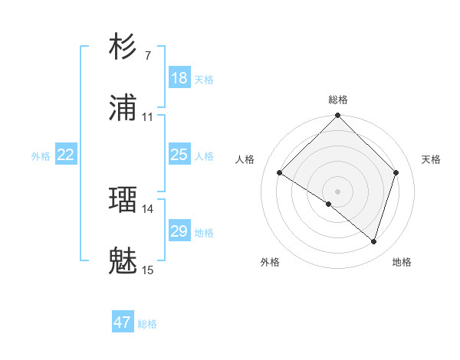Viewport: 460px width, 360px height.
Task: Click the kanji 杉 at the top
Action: (123, 47)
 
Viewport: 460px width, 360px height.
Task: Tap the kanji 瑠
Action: (123, 200)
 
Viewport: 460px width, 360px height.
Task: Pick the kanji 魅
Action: (123, 262)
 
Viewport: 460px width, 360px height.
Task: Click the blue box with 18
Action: (179, 78)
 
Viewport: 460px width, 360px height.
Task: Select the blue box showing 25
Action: (179, 155)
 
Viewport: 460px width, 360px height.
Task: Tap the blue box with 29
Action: (179, 231)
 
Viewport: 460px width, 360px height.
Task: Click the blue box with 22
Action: (66, 155)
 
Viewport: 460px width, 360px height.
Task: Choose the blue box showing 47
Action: (123, 322)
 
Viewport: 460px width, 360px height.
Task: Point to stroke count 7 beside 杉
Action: (148, 55)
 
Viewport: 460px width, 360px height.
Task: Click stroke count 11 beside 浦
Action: (148, 117)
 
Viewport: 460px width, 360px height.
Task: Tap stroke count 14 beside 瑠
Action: (148, 208)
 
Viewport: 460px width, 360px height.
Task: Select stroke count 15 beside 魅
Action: (148, 270)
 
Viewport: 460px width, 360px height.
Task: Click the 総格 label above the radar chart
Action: (338, 100)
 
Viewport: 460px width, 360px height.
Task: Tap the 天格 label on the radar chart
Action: (431, 159)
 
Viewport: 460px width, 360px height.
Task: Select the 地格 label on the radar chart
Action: (402, 262)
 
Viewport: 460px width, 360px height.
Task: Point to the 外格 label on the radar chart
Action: (270, 262)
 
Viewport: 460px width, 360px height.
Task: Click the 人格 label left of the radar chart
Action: (245, 159)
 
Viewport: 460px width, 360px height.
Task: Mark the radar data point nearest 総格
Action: (337, 116)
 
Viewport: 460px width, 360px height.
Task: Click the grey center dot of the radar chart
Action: (337, 191)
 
